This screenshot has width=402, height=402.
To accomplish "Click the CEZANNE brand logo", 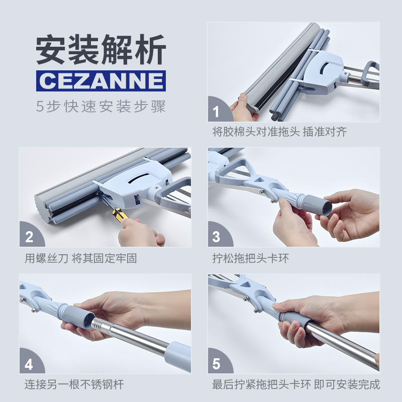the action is [101, 81].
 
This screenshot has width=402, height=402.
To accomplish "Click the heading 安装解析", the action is [101, 49].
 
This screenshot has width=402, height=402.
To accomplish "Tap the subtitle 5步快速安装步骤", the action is [101, 106].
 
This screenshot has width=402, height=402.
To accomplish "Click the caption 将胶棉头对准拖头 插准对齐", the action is [279, 132].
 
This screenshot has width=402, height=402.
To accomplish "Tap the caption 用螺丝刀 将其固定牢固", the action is [81, 258].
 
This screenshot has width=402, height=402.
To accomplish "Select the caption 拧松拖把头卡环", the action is [250, 258].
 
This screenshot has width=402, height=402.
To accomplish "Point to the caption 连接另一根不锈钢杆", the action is [74, 384].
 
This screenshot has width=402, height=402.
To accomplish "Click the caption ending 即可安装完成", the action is [347, 384].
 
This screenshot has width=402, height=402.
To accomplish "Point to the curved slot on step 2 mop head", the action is [139, 178].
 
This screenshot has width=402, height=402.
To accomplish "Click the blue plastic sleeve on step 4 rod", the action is [178, 356].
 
